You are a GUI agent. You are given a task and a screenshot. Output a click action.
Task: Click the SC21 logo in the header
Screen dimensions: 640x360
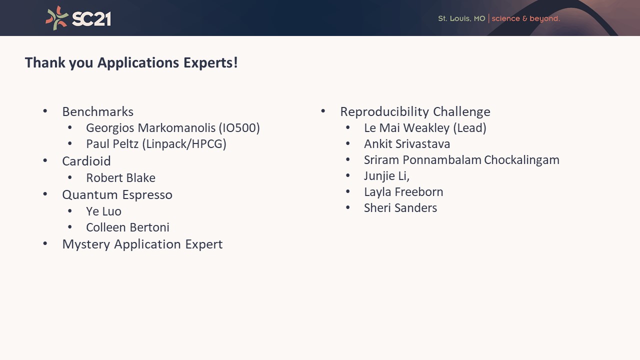pyautogui.click(x=78, y=18)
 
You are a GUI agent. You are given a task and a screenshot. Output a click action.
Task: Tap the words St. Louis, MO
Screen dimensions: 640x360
pyautogui.click(x=461, y=18)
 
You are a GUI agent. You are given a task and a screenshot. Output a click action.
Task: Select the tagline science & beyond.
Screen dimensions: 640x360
pyautogui.click(x=525, y=19)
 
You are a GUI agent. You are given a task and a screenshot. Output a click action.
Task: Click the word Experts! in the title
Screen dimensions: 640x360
pyautogui.click(x=210, y=63)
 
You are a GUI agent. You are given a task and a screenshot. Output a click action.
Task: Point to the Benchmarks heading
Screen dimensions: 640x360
pyautogui.click(x=97, y=111)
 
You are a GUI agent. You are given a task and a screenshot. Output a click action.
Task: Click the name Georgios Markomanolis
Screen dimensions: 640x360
pyautogui.click(x=151, y=128)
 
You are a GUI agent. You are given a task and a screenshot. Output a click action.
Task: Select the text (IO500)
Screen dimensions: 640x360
pyautogui.click(x=239, y=128)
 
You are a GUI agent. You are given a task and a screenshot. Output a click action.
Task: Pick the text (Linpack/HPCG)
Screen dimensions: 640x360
pyautogui.click(x=184, y=144)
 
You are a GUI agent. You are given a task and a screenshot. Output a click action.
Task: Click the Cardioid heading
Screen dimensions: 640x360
pyautogui.click(x=86, y=161)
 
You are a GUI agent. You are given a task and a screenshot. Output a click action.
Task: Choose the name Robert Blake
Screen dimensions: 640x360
pyautogui.click(x=121, y=177)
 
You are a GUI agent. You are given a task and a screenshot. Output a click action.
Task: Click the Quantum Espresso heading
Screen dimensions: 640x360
pyautogui.click(x=117, y=195)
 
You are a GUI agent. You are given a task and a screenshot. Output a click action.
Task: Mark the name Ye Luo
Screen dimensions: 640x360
pyautogui.click(x=103, y=211)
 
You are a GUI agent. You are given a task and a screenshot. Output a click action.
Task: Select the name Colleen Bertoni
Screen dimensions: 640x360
pyautogui.click(x=127, y=227)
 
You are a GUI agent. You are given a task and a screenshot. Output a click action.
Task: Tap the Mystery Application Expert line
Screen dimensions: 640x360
pyautogui.click(x=142, y=244)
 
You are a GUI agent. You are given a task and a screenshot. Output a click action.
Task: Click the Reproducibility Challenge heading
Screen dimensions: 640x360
pyautogui.click(x=415, y=111)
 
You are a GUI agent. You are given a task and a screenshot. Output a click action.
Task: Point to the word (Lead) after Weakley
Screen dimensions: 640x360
pyautogui.click(x=469, y=128)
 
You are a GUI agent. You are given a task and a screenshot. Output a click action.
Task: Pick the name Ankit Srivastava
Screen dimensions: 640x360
pyautogui.click(x=407, y=144)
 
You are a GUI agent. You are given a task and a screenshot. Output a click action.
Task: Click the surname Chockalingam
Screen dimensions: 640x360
pyautogui.click(x=521, y=160)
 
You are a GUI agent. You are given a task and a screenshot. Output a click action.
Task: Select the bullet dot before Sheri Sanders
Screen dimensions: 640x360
pyautogui.click(x=347, y=207)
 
